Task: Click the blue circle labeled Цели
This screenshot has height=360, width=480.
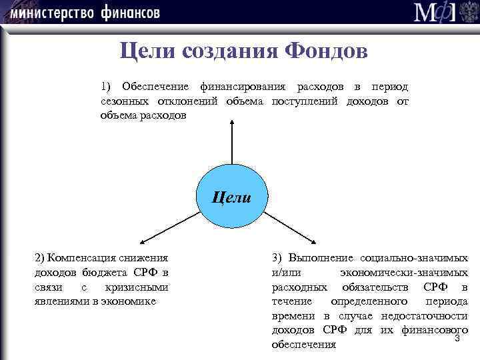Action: (x=232, y=197)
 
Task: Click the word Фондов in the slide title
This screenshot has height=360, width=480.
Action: (x=325, y=51)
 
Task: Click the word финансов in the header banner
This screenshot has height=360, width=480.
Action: (x=131, y=12)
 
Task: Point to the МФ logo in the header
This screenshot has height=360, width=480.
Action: (x=443, y=13)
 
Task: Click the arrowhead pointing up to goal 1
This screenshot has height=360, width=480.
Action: (x=232, y=122)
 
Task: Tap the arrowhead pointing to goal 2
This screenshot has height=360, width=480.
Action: (x=142, y=243)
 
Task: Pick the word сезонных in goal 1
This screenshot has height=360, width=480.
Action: (x=120, y=101)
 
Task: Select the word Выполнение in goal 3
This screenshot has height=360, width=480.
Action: (x=320, y=258)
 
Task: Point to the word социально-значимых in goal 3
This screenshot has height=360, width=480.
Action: (x=414, y=258)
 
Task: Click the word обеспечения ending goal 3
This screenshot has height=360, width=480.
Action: (x=304, y=345)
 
